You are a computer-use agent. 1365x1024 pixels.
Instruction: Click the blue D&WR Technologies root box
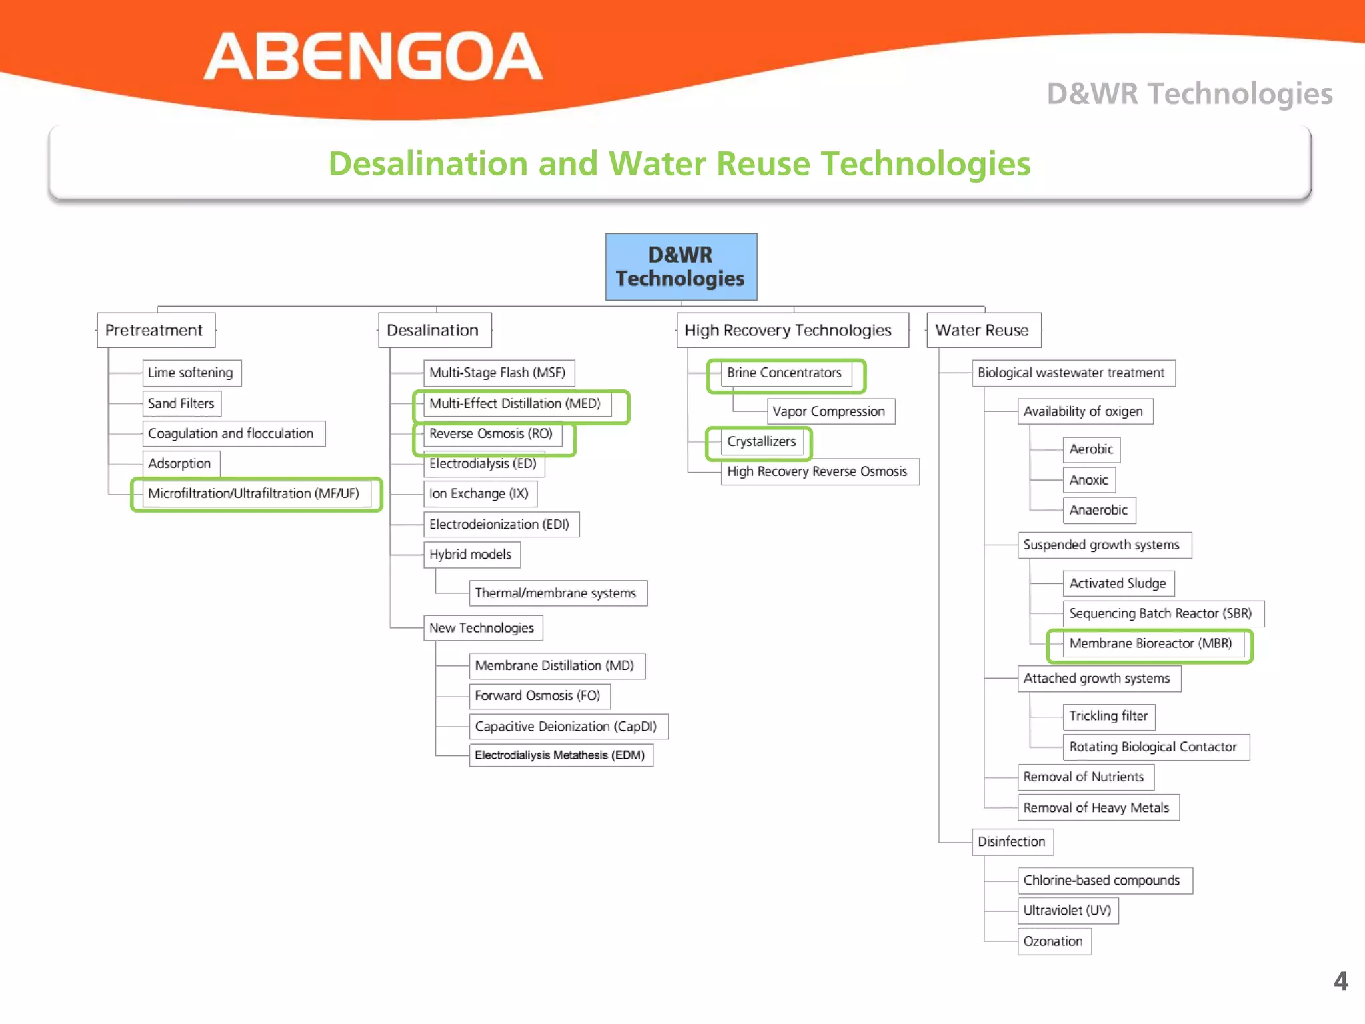coord(681,267)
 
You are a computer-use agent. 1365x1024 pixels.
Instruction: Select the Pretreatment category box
coord(155,330)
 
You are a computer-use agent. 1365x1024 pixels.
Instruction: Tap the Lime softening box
coord(191,373)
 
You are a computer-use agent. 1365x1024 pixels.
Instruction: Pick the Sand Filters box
coord(181,403)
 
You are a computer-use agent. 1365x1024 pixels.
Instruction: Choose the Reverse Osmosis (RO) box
coord(492,434)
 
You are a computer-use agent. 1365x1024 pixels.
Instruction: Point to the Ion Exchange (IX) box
coord(479,494)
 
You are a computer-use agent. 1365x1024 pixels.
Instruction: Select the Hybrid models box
coord(471,555)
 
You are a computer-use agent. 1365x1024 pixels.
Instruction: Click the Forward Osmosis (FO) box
coord(539,696)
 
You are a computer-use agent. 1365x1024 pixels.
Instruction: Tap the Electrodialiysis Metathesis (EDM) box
coord(561,755)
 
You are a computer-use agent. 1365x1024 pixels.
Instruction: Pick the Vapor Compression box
coord(830,411)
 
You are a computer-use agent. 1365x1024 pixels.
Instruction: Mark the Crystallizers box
coord(762,441)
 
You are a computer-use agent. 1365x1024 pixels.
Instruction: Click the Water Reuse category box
coord(983,330)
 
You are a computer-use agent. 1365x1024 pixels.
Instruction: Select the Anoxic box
coord(1089,480)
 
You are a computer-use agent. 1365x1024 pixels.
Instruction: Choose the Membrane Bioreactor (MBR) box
coord(1151,644)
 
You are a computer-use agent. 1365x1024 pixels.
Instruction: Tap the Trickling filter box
coord(1109,717)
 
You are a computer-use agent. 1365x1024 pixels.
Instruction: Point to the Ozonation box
coord(1054,941)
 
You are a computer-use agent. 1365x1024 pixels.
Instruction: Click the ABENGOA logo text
coord(373,57)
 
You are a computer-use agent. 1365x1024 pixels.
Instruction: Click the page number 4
coord(1341,981)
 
